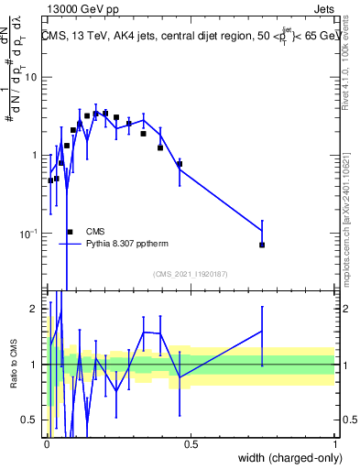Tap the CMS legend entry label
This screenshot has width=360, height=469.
click(x=94, y=232)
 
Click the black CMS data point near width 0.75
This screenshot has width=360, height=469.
click(x=262, y=245)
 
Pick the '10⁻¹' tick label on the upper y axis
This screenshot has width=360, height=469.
click(x=30, y=234)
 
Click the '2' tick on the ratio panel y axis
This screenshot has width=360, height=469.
click(x=35, y=309)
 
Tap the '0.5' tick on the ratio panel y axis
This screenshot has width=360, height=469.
click(x=30, y=420)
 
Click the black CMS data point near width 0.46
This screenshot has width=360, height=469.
click(x=180, y=164)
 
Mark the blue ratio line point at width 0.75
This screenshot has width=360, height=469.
click(x=262, y=332)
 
